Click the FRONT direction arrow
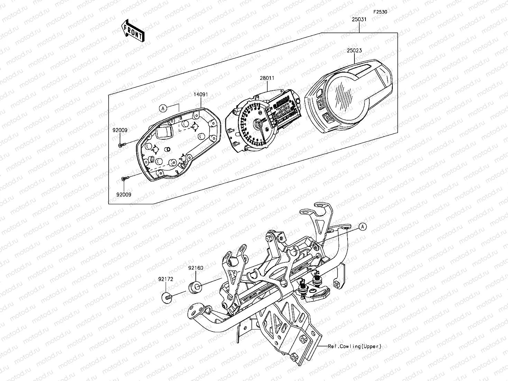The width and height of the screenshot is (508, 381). (133, 31)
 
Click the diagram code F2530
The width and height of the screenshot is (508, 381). (380, 12)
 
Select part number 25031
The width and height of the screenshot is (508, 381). (359, 20)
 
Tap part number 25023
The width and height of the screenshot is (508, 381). (354, 50)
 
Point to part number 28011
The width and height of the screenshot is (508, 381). (267, 78)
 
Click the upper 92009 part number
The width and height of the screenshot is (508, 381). (120, 130)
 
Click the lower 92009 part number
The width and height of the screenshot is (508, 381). (124, 195)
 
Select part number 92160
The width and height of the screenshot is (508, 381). (196, 268)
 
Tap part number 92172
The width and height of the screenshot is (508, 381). (166, 278)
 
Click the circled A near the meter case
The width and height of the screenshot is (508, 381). (163, 109)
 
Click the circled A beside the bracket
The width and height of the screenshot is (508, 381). (362, 227)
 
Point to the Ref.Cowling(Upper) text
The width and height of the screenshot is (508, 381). (355, 346)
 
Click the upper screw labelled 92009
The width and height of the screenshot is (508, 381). (121, 145)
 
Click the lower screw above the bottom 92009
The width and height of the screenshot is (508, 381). (125, 178)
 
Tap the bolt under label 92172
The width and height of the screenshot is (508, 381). (167, 297)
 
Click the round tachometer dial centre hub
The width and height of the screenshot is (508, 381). (258, 124)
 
